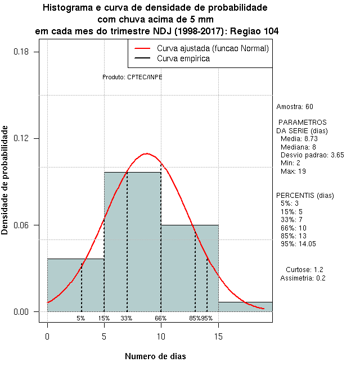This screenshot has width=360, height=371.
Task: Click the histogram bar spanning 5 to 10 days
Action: point(132,242)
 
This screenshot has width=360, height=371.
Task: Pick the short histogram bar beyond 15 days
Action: point(245,306)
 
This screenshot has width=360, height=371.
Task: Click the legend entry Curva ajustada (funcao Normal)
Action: point(213,49)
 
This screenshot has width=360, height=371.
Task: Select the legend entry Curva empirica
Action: point(183,58)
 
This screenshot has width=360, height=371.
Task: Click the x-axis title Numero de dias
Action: point(155,356)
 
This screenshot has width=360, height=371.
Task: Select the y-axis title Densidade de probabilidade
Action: point(5,180)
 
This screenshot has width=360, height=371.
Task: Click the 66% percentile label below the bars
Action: point(161,318)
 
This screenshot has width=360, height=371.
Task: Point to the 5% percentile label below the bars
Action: point(81,318)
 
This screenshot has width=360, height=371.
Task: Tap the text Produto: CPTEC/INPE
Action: point(132,77)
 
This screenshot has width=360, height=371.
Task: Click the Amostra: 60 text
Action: point(295,107)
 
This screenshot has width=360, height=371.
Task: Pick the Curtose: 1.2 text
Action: point(304,269)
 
